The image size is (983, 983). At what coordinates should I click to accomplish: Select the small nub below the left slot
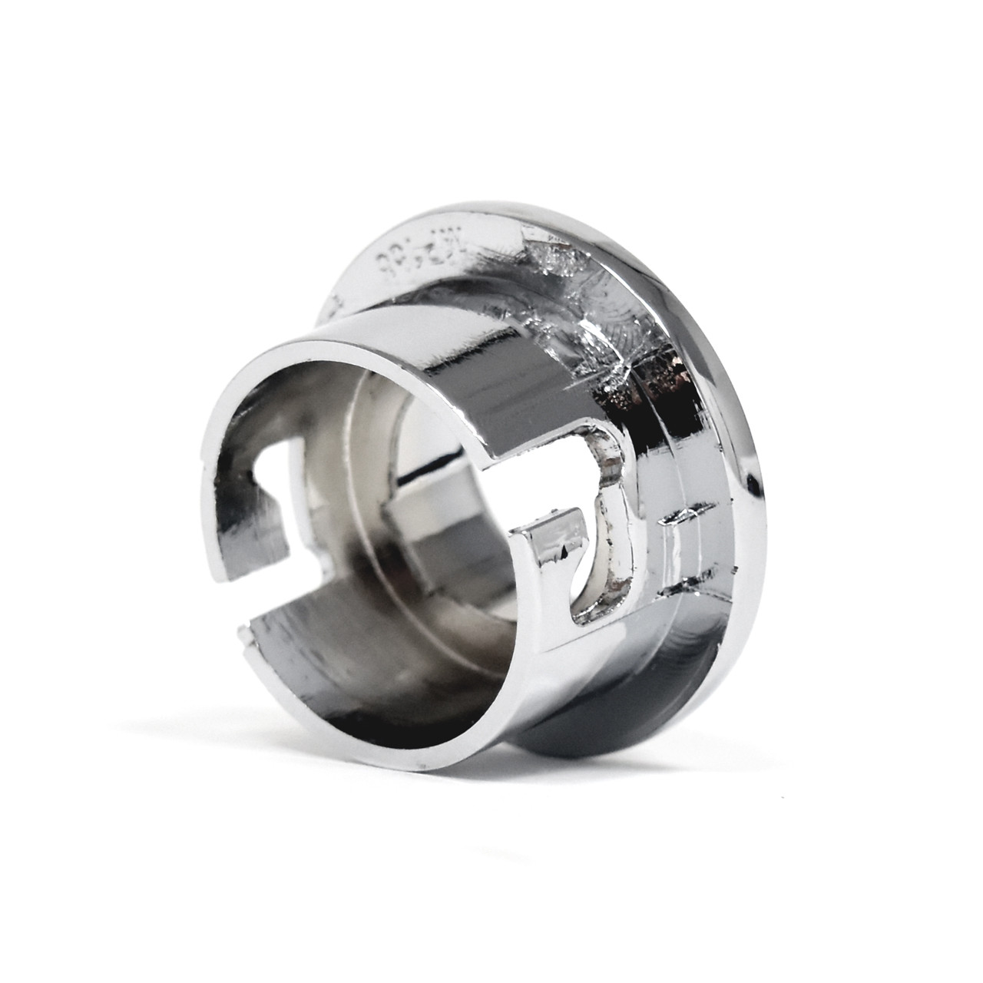point(244,634)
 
